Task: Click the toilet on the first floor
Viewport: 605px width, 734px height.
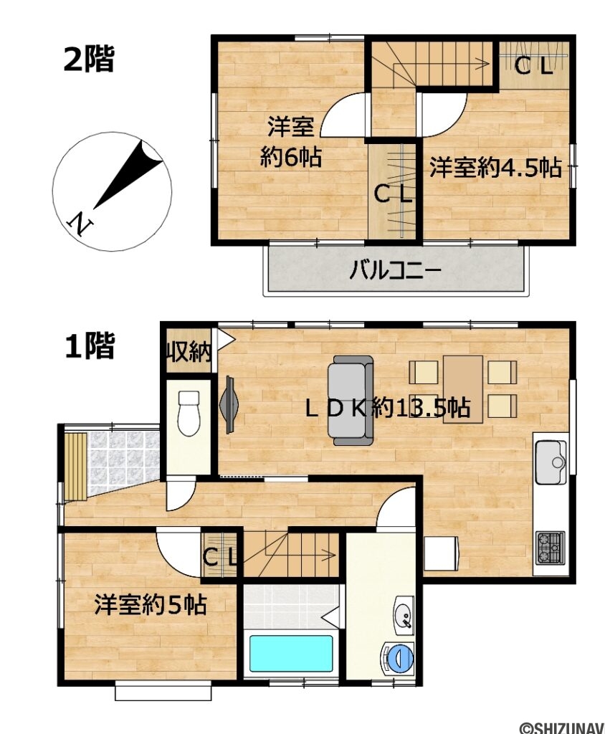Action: click(189, 414)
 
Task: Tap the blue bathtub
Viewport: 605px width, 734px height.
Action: click(290, 653)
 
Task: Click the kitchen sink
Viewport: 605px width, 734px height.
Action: click(551, 459)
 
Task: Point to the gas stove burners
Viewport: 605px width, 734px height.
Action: click(550, 548)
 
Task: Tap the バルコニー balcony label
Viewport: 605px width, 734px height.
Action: click(395, 272)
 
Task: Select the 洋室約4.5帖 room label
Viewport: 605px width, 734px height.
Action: click(495, 168)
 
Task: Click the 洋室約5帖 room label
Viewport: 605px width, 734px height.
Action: click(151, 606)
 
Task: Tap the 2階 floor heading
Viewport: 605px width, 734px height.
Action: click(88, 59)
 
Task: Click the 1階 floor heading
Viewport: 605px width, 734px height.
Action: click(89, 347)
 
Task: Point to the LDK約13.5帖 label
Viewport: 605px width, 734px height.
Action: click(387, 408)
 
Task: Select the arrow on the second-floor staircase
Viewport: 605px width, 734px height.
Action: click(477, 62)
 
